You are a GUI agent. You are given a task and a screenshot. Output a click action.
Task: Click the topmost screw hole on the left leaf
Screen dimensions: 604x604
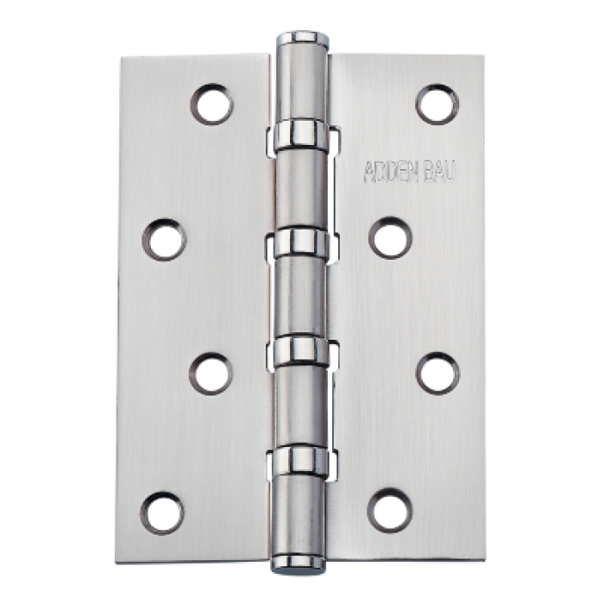(212, 103)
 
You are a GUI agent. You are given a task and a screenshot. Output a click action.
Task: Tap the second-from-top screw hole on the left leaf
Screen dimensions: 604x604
(164, 238)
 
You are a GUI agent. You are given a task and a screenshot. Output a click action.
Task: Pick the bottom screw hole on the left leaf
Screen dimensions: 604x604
(164, 510)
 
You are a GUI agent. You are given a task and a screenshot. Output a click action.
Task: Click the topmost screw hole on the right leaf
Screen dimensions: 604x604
(437, 103)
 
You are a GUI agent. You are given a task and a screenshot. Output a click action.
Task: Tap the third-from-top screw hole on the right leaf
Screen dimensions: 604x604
(437, 374)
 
